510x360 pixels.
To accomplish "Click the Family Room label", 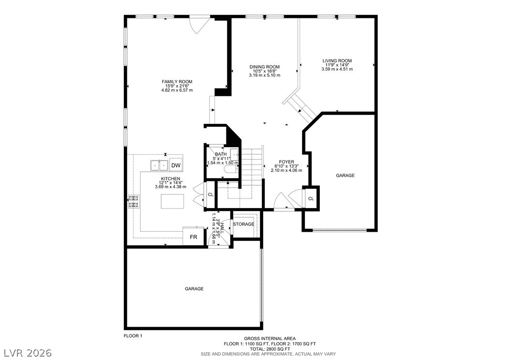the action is [x=177, y=82].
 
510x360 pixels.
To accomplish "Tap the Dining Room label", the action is [x=264, y=67].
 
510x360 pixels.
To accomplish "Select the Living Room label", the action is [x=337, y=61].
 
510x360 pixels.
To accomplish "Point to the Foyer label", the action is [x=286, y=162].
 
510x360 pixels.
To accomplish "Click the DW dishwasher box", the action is [x=176, y=165].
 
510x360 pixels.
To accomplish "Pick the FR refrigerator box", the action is [x=194, y=237].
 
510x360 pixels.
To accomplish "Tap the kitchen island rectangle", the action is [x=172, y=202].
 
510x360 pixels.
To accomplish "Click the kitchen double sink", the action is [x=159, y=165].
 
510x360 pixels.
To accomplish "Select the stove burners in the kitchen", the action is [x=134, y=201].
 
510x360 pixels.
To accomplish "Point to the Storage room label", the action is [x=243, y=224].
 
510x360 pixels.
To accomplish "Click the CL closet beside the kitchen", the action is [x=211, y=195].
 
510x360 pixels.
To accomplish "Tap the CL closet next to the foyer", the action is [x=311, y=199].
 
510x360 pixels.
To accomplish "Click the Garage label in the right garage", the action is [x=345, y=176].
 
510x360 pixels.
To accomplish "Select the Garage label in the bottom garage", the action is [x=194, y=289].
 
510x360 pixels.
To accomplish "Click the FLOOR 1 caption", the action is [x=133, y=336].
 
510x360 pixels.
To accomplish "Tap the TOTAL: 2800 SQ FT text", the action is [x=270, y=349].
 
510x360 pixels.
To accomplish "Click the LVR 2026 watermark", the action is [x=28, y=353].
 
